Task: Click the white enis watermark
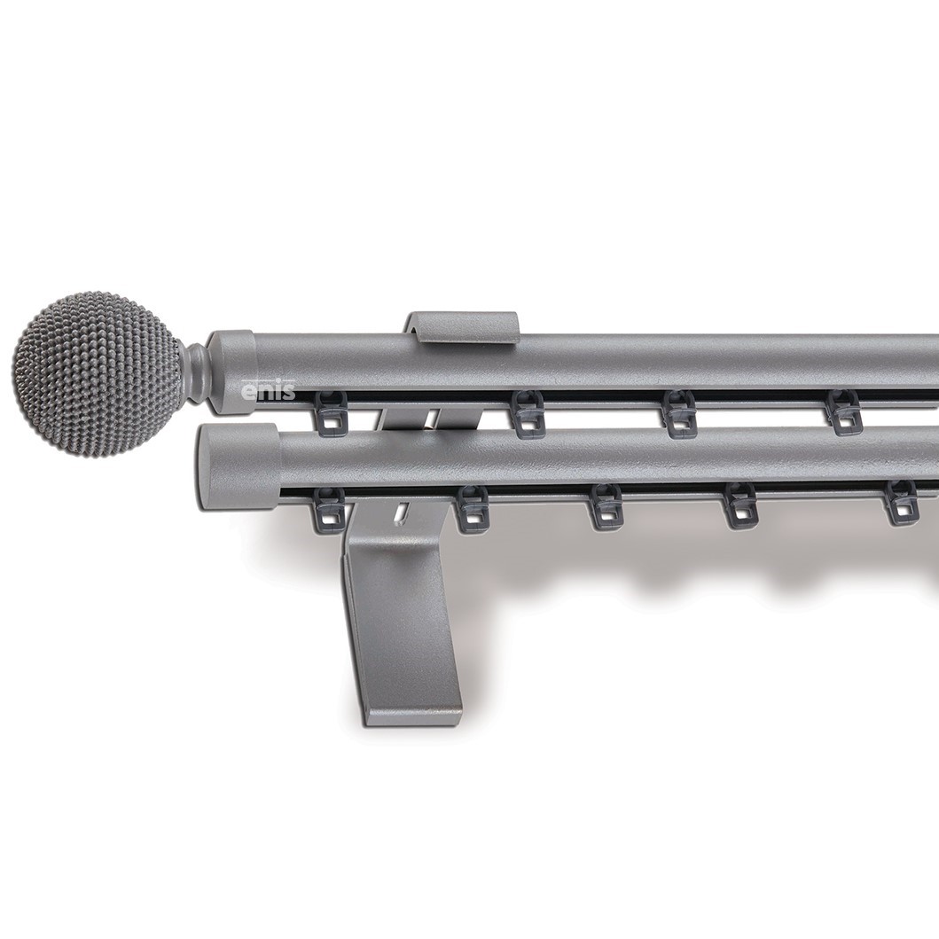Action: [268, 391]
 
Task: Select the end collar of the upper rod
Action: [232, 372]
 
